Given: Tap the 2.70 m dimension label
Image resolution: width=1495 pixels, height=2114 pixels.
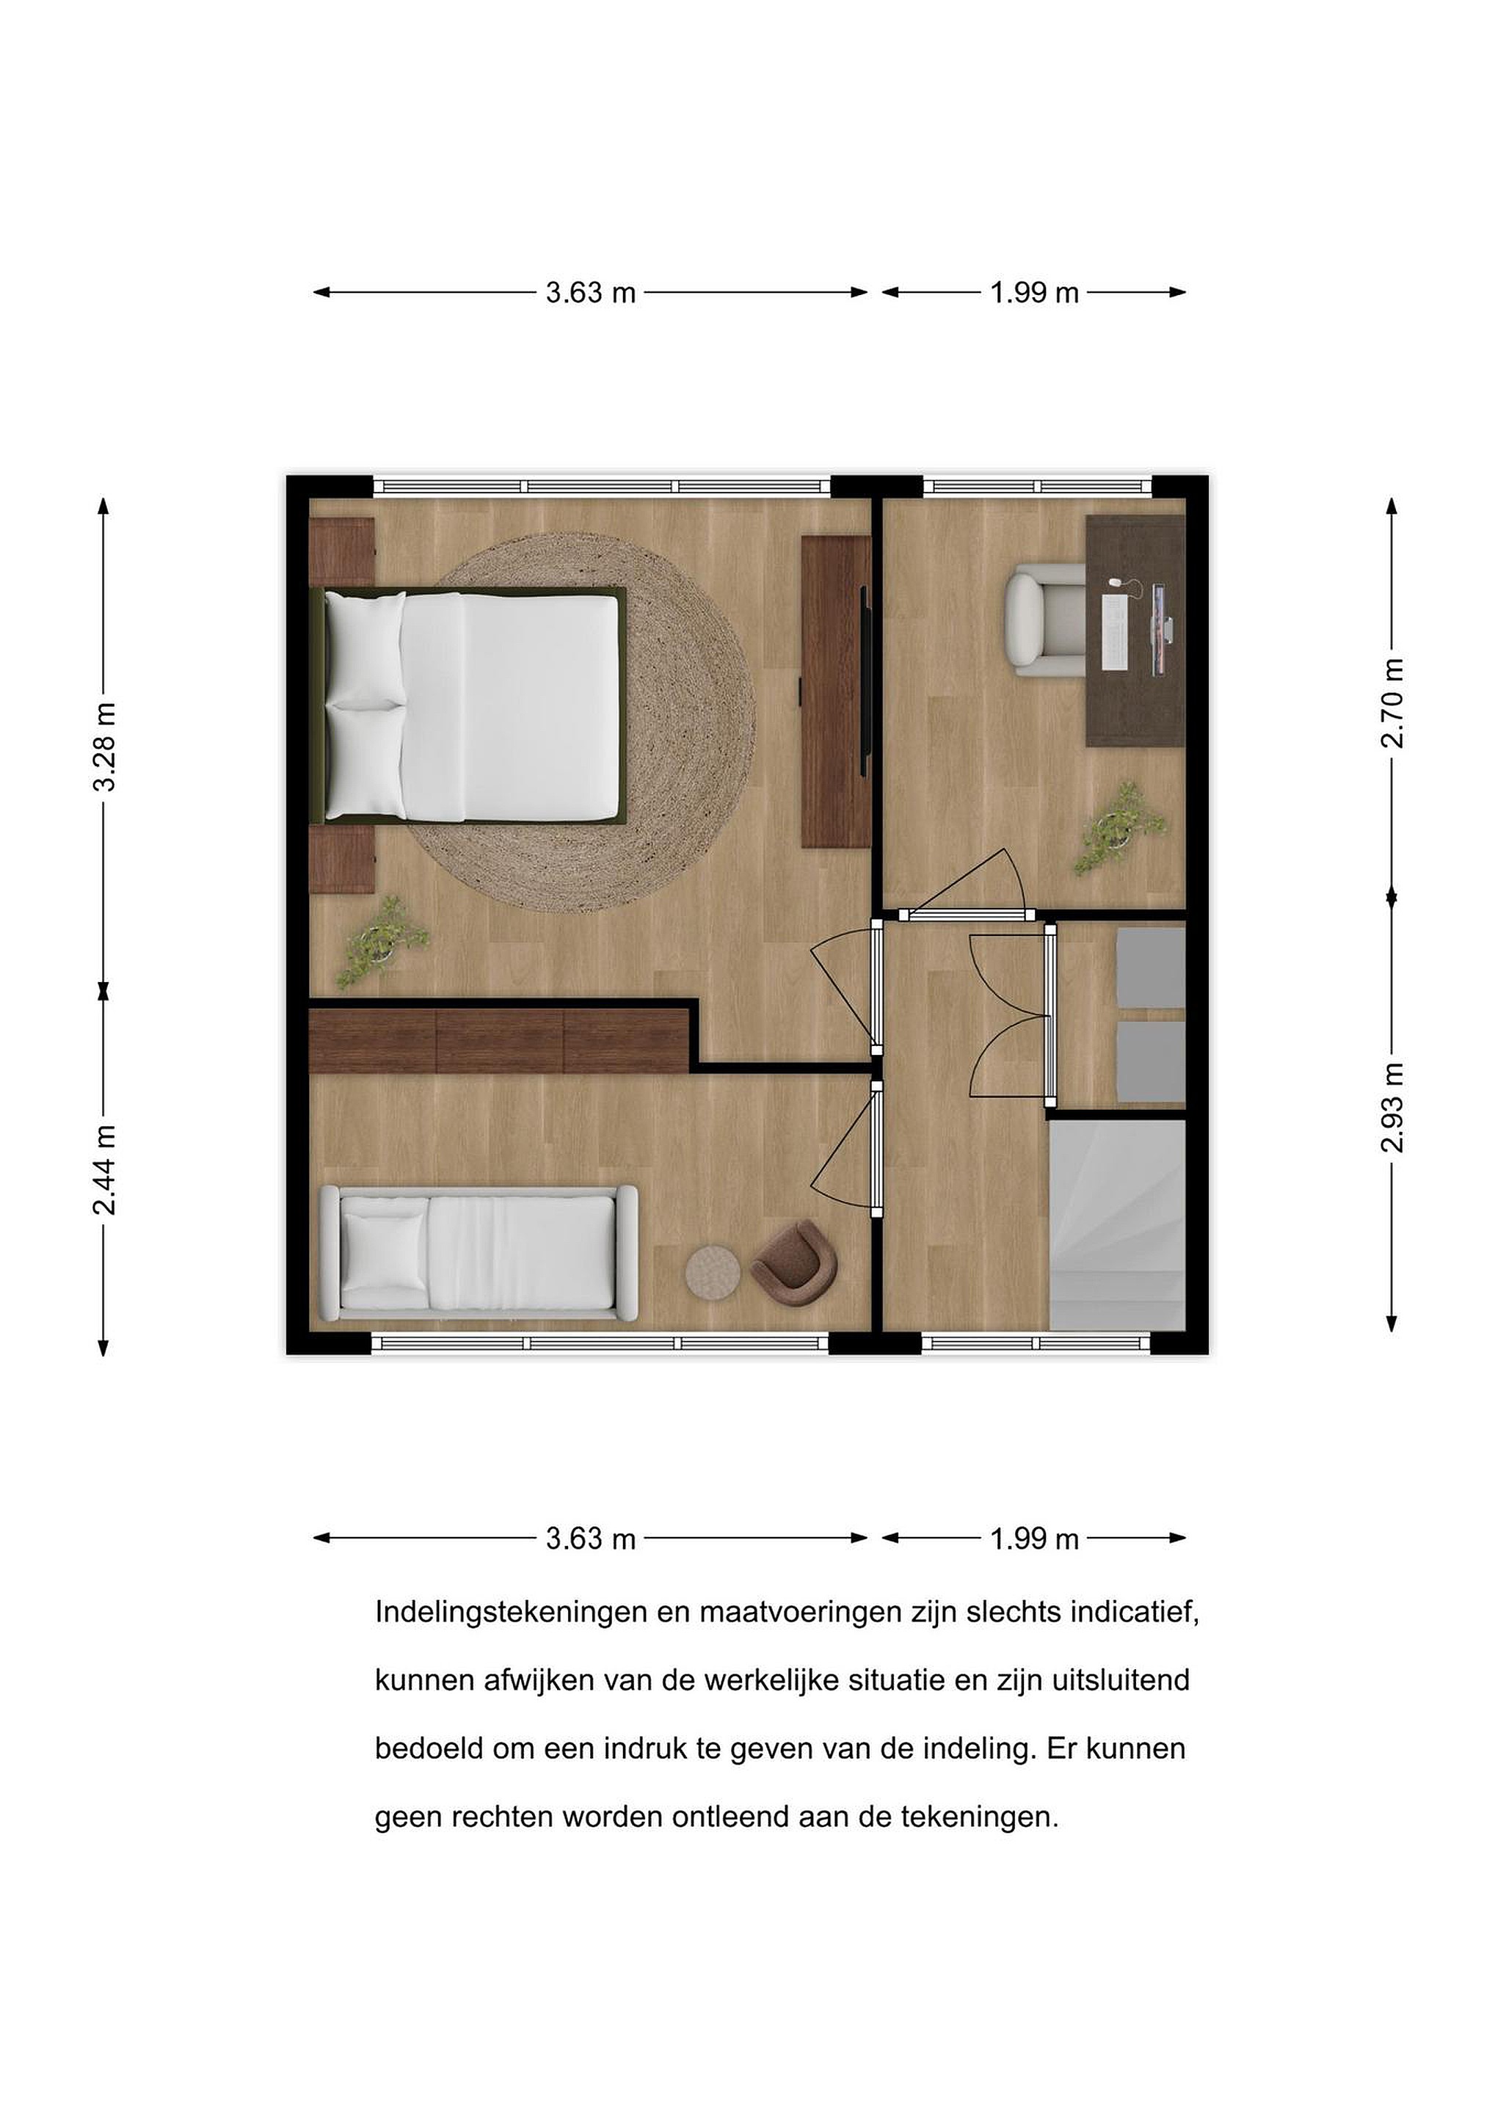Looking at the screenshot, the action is (x=1392, y=703).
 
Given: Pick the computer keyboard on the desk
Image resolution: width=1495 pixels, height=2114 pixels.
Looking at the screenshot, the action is (x=1116, y=631).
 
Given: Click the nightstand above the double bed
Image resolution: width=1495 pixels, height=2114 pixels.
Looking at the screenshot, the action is (x=341, y=551).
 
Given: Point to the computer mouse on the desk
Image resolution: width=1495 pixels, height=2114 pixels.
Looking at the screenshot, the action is (x=1116, y=583).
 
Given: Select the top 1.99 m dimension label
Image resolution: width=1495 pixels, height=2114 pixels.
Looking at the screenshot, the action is (x=1034, y=292).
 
